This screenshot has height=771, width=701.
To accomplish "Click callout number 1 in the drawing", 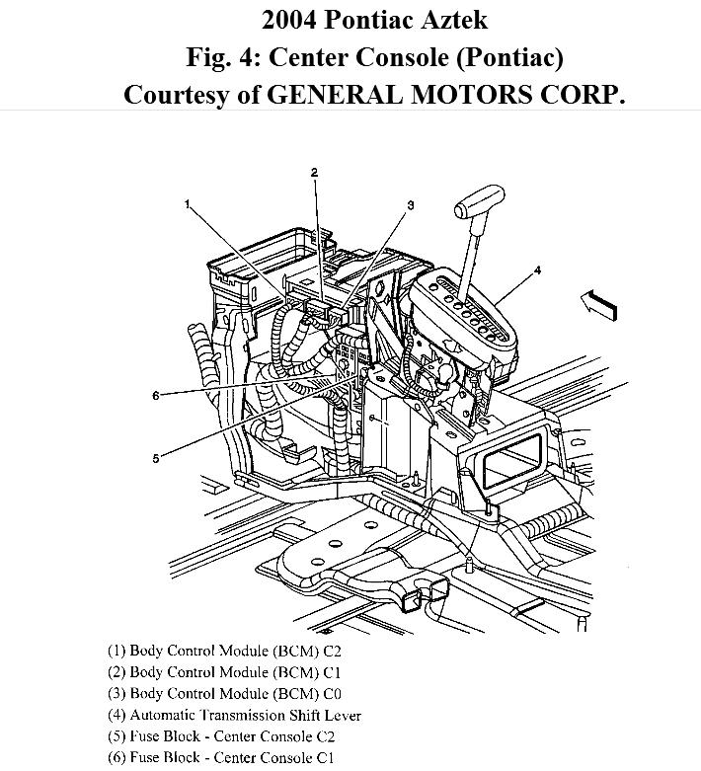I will pyautogui.click(x=186, y=204).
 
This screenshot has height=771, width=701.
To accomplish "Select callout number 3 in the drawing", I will pyautogui.click(x=410, y=204).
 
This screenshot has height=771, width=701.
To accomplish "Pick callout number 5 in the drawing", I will pyautogui.click(x=156, y=456).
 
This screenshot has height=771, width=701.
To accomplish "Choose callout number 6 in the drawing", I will pyautogui.click(x=156, y=396).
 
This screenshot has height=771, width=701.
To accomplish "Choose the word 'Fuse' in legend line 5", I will pyautogui.click(x=151, y=736).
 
